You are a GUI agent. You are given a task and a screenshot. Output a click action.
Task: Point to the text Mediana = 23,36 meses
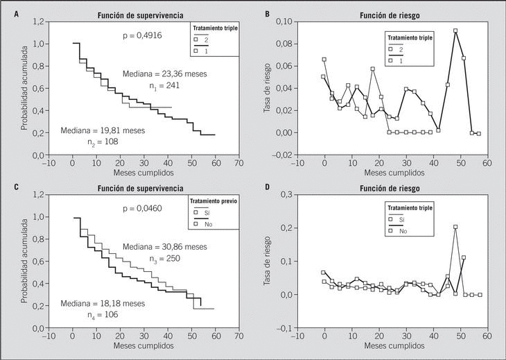coord(165,74)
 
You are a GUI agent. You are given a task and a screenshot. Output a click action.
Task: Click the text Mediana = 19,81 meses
coord(103,130)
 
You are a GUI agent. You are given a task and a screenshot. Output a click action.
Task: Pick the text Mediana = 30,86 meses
coord(165,247)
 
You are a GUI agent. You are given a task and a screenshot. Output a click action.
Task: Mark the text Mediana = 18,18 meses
coord(103,303)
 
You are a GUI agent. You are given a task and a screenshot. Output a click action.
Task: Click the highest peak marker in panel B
coord(455,31)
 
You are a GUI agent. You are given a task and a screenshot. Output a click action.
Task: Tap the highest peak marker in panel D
coord(455,227)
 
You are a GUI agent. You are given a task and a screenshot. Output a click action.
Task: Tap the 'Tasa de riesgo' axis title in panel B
coord(268,88)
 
